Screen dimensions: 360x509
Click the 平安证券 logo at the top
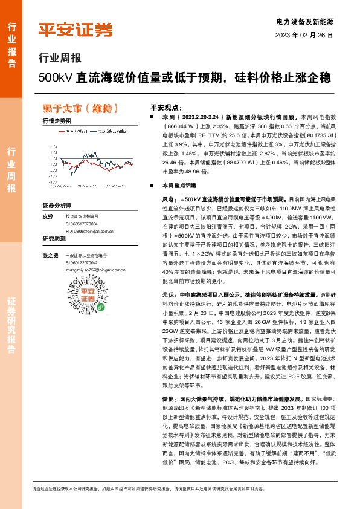(76, 30)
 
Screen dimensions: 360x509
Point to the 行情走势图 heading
(57, 121)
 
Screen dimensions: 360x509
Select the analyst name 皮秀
(48, 216)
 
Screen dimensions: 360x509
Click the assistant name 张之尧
(50, 255)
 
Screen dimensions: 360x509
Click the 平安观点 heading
(165, 105)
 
